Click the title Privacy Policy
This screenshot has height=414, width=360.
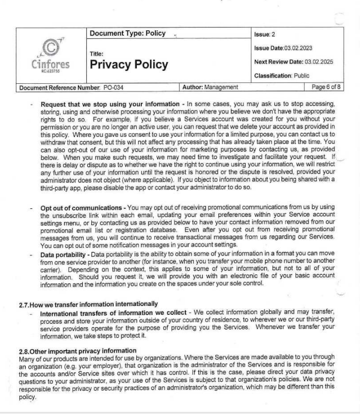coord(129,65)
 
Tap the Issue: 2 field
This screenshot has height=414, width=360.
coord(264,35)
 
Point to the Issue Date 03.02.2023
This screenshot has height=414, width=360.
coord(283,48)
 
